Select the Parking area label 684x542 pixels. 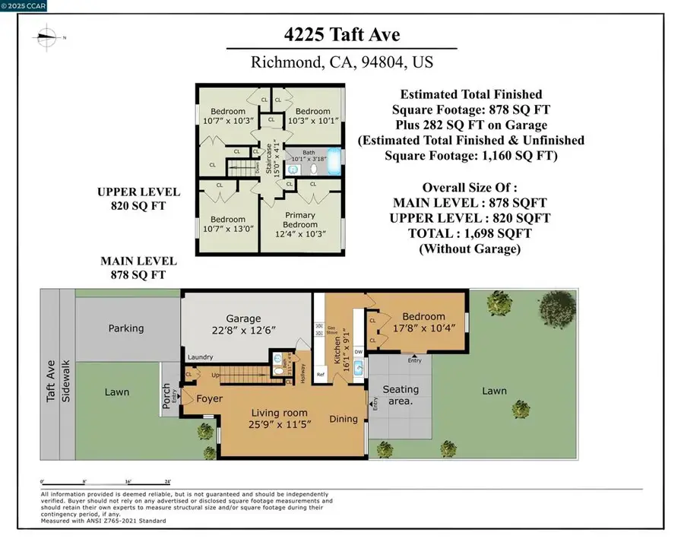[125, 328]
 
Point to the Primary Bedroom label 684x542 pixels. [299, 220]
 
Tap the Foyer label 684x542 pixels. [209, 398]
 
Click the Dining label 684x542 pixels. [343, 419]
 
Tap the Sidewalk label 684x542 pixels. [66, 380]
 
